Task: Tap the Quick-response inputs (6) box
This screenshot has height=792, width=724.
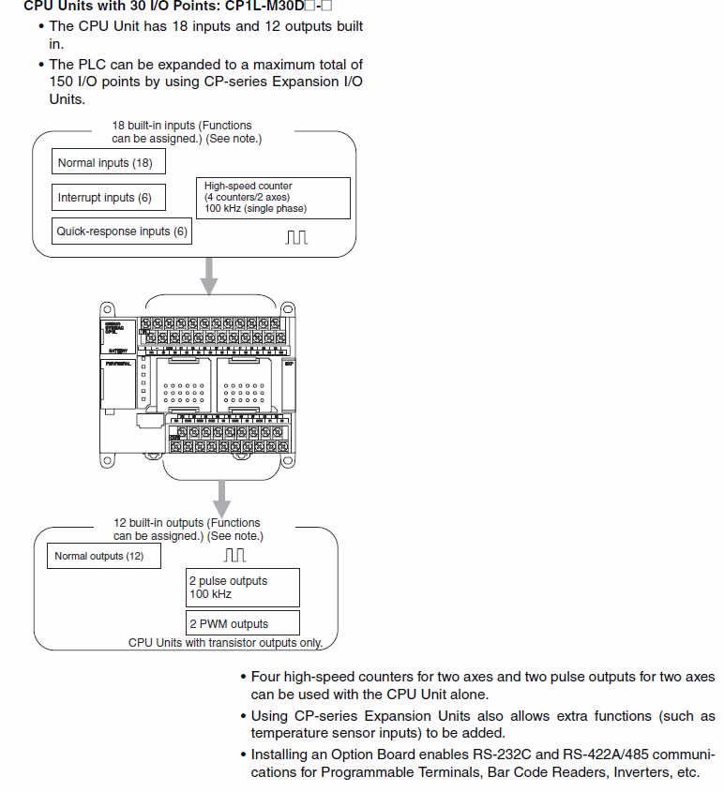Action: pyautogui.click(x=123, y=231)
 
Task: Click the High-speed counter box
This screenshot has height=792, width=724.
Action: pyautogui.click(x=273, y=198)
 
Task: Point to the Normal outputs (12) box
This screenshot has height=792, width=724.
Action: pyautogui.click(x=103, y=556)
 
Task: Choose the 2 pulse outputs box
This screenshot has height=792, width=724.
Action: pyautogui.click(x=243, y=588)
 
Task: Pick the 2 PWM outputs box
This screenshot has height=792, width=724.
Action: pyautogui.click(x=243, y=623)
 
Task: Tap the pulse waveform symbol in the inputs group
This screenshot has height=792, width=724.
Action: pyautogui.click(x=297, y=237)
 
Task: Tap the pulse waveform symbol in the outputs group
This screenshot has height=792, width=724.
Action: pyautogui.click(x=235, y=555)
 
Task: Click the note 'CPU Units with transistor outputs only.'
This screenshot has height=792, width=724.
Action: pyautogui.click(x=225, y=643)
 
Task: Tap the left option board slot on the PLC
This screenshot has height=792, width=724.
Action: pyautogui.click(x=176, y=382)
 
